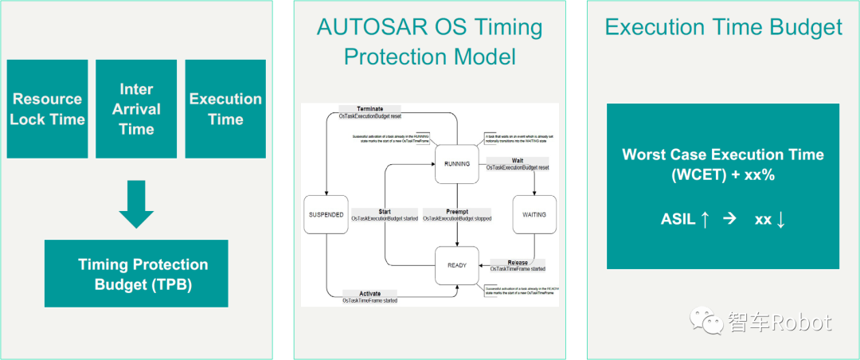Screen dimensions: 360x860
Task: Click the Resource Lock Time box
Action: pyautogui.click(x=48, y=109)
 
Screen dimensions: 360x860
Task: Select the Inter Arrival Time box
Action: pyautogui.click(x=136, y=109)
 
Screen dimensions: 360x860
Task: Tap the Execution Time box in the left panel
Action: pyautogui.click(x=225, y=109)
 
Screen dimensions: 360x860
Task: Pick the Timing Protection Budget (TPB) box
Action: pyautogui.click(x=136, y=273)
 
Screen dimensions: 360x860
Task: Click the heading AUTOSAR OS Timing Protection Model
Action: pyautogui.click(x=429, y=42)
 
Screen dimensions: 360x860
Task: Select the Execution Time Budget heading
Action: pyautogui.click(x=723, y=27)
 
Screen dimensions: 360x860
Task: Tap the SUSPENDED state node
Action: pyautogui.click(x=326, y=215)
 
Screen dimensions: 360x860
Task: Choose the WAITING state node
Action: pyautogui.click(x=534, y=214)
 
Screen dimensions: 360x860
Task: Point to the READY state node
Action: pyautogui.click(x=456, y=265)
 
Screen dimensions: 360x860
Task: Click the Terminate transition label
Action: pyautogui.click(x=369, y=108)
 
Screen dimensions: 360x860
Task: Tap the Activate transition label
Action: pyautogui.click(x=369, y=293)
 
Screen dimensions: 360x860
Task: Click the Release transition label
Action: pyautogui.click(x=518, y=262)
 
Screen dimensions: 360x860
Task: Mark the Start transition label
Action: pyautogui.click(x=384, y=212)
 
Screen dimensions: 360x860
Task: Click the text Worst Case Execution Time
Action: pyautogui.click(x=723, y=155)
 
